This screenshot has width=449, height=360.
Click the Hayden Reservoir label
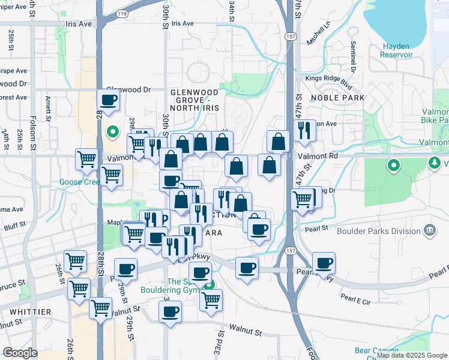click(396, 50)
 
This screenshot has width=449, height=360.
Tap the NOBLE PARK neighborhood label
click(338, 97)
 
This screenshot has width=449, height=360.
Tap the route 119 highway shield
click(123, 13)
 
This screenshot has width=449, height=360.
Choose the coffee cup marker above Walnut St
click(170, 312)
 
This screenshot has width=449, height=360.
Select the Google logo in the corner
click(20, 353)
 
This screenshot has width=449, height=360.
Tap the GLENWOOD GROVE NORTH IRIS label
click(194, 100)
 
